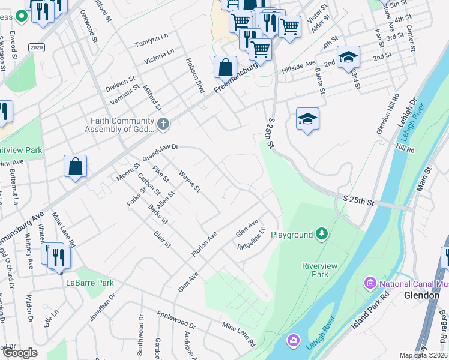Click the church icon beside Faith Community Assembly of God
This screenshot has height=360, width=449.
pyautogui.click(x=164, y=124)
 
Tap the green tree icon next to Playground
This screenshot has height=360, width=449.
pyautogui.click(x=322, y=234)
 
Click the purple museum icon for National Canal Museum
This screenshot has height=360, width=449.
pyautogui.click(x=369, y=282)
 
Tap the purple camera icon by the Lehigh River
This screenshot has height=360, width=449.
pyautogui.click(x=294, y=340)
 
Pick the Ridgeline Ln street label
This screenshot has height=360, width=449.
pyautogui.click(x=251, y=239)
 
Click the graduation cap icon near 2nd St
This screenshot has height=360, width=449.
pyautogui.click(x=348, y=58)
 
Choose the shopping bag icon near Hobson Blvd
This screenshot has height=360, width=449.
pyautogui.click(x=225, y=67)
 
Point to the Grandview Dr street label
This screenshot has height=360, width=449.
pyautogui.click(x=160, y=152)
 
